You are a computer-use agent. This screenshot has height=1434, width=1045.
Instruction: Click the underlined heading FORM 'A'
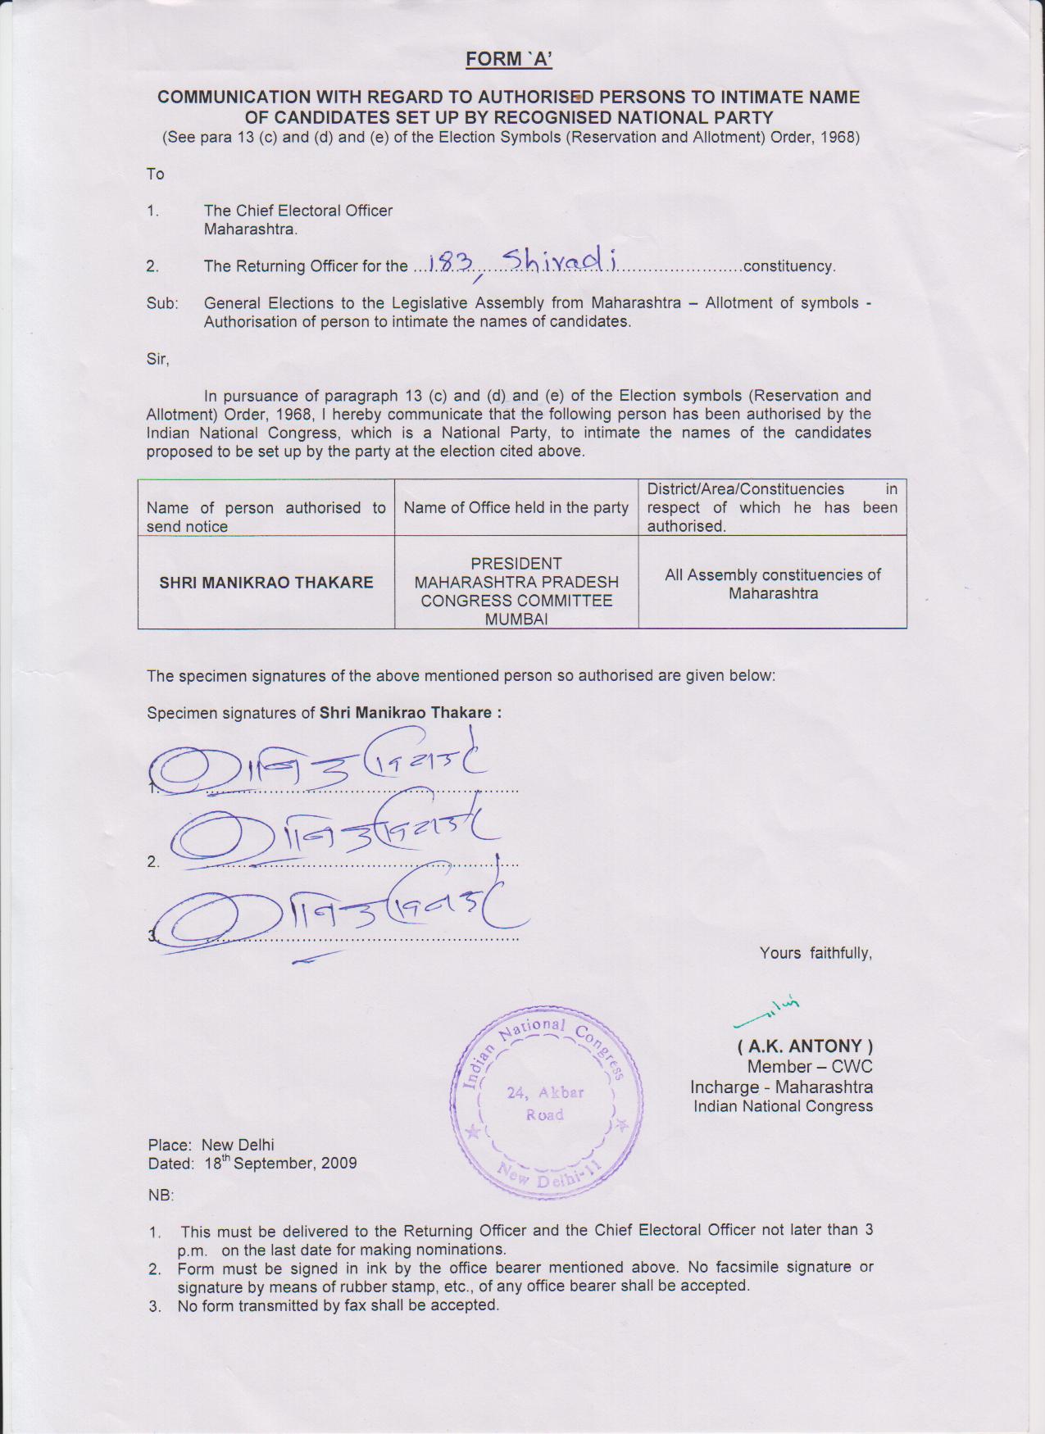point(508,59)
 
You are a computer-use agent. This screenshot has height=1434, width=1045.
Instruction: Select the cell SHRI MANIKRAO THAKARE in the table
point(266,583)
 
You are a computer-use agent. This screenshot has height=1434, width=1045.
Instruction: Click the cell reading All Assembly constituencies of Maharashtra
point(772,583)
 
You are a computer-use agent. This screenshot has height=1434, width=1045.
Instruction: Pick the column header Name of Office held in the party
point(516,508)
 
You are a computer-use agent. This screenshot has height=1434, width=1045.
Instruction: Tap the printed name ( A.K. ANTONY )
point(805,1046)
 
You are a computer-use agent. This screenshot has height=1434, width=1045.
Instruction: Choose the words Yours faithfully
point(815,953)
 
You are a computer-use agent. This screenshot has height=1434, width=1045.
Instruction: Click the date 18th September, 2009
point(279,1164)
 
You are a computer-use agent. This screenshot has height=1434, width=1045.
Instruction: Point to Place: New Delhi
point(211,1145)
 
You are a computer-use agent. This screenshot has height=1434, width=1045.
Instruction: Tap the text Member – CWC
point(809,1067)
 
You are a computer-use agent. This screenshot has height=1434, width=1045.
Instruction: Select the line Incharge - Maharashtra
point(781,1087)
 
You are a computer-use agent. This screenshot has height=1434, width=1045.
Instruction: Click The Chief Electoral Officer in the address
point(298,211)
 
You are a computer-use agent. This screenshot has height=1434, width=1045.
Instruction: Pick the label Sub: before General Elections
point(161,303)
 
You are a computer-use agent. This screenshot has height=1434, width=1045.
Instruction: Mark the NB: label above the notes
point(161,1196)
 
